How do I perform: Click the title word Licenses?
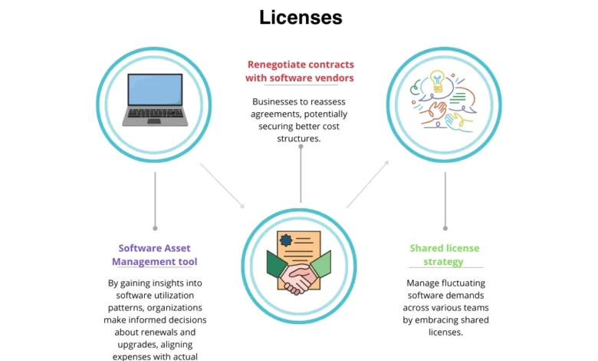point(301,17)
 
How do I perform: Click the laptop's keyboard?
point(154,117)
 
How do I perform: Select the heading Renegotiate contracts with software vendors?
point(300,71)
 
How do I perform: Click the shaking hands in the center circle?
point(300,274)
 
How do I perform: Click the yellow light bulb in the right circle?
point(438,78)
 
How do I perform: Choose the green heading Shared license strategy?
point(445,255)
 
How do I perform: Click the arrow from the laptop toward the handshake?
point(222,185)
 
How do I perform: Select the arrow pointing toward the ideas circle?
point(368,184)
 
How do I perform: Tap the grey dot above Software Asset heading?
point(155,228)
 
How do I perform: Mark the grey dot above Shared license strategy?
point(445,228)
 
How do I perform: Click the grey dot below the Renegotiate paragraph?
point(301,146)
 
